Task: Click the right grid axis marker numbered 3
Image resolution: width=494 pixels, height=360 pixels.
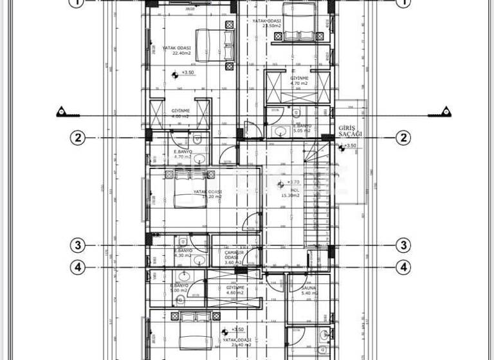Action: pyautogui.click(x=403, y=245)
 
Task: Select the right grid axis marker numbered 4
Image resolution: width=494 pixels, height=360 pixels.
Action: pyautogui.click(x=403, y=266)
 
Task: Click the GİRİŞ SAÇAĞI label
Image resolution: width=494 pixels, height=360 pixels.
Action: pyautogui.click(x=351, y=131)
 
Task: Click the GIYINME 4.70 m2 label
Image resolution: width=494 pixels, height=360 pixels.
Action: pyautogui.click(x=299, y=80)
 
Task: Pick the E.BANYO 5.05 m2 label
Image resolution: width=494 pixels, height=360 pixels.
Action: pyautogui.click(x=302, y=128)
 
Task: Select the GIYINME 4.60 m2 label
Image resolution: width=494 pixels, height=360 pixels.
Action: pyautogui.click(x=235, y=290)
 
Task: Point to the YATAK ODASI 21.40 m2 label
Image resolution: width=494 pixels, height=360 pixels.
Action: pyautogui.click(x=237, y=342)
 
